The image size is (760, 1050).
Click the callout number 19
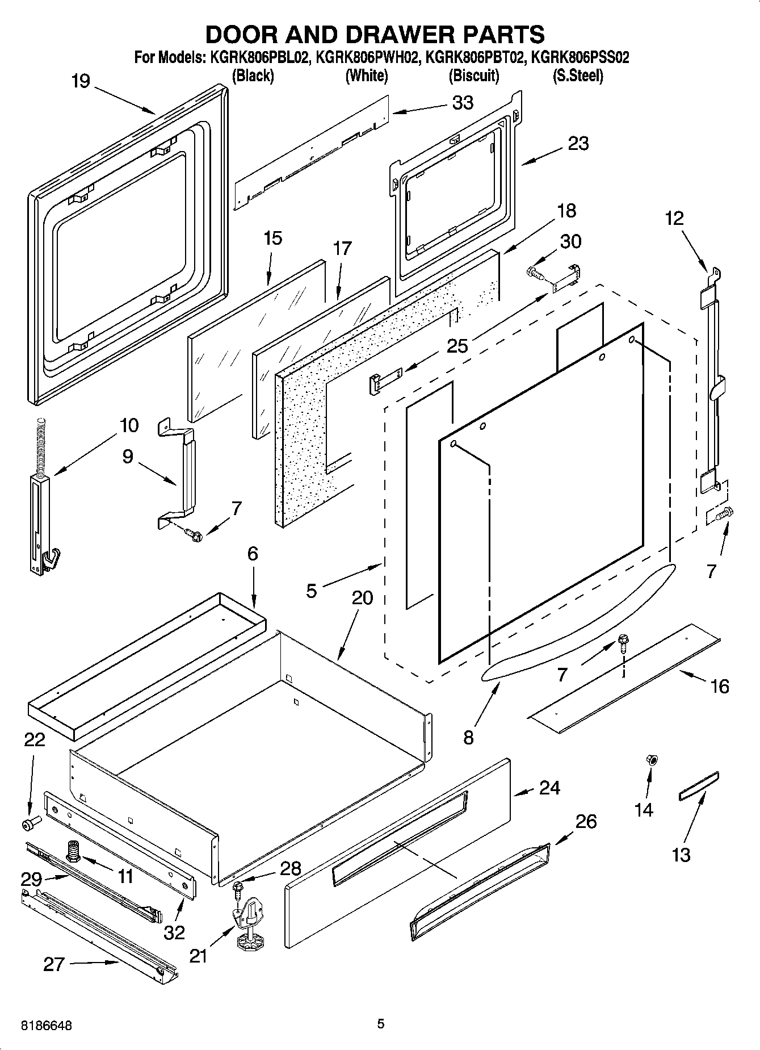coord(81,81)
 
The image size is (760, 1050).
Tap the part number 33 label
coord(463,103)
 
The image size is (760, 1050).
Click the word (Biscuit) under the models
coord(473,75)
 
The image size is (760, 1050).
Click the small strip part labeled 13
coord(698,785)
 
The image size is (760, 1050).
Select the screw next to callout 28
coord(237,885)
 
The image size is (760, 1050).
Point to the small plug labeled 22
coord(30,822)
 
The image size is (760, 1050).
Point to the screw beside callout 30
coord(536,273)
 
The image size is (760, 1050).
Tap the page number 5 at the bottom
coord(381,1023)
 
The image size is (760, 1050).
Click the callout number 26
coord(586,822)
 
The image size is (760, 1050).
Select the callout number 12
coord(674,218)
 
